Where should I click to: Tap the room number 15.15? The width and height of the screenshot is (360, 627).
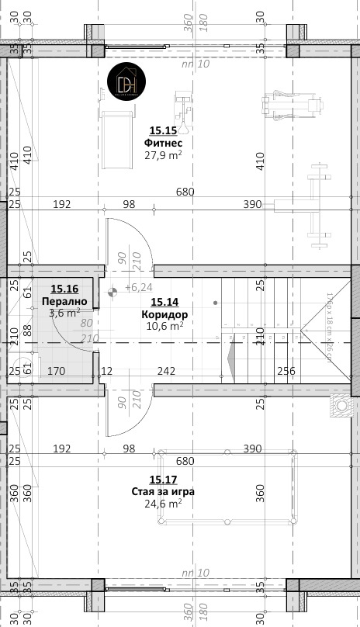163,131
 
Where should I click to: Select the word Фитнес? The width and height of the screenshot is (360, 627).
163,144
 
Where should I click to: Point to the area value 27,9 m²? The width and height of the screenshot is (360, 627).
163,155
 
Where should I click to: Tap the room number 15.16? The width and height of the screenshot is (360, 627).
64,288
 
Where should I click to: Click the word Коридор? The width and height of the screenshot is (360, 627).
164,314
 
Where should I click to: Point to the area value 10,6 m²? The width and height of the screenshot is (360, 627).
164,326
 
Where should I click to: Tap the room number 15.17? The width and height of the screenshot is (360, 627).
163,480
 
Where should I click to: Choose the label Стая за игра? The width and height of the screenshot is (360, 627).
163,491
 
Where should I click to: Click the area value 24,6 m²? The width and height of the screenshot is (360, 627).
163,504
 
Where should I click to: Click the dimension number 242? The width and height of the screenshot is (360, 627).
166,371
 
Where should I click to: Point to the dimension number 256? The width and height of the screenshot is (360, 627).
286,371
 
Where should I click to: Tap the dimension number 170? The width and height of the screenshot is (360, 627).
56,371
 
